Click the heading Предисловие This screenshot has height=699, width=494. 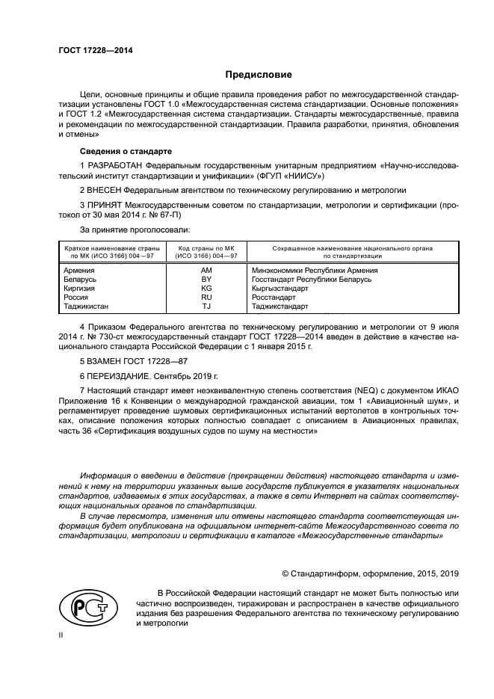tap(259, 75)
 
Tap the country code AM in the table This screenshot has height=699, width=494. tap(207, 270)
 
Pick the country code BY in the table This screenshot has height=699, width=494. tap(207, 279)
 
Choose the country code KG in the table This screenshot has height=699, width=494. tap(207, 288)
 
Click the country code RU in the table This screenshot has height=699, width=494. tap(207, 297)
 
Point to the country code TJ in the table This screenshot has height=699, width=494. tap(207, 306)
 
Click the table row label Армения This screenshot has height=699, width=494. tap(79, 270)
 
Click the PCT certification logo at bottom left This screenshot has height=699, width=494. tap(84, 607)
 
